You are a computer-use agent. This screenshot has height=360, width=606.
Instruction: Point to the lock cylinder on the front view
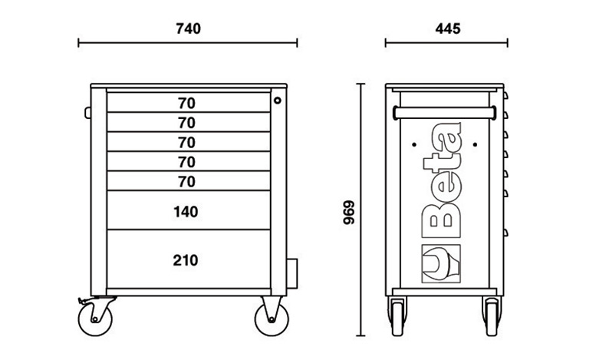coord(278,101)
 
